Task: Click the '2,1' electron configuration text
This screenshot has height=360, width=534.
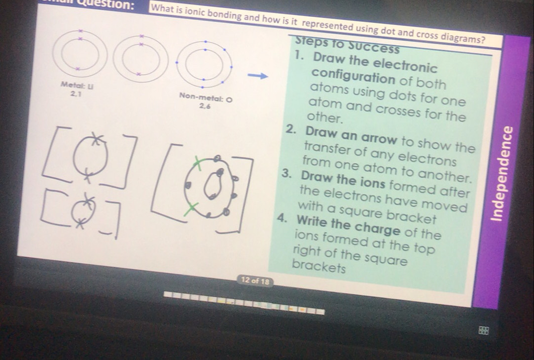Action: (76, 93)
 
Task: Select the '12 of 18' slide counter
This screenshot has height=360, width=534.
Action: (255, 282)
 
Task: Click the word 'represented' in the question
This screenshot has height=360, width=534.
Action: (328, 25)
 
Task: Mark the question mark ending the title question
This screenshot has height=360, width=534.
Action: (483, 39)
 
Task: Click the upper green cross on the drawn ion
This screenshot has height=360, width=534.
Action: (197, 161)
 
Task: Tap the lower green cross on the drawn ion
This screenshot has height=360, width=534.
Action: (189, 209)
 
